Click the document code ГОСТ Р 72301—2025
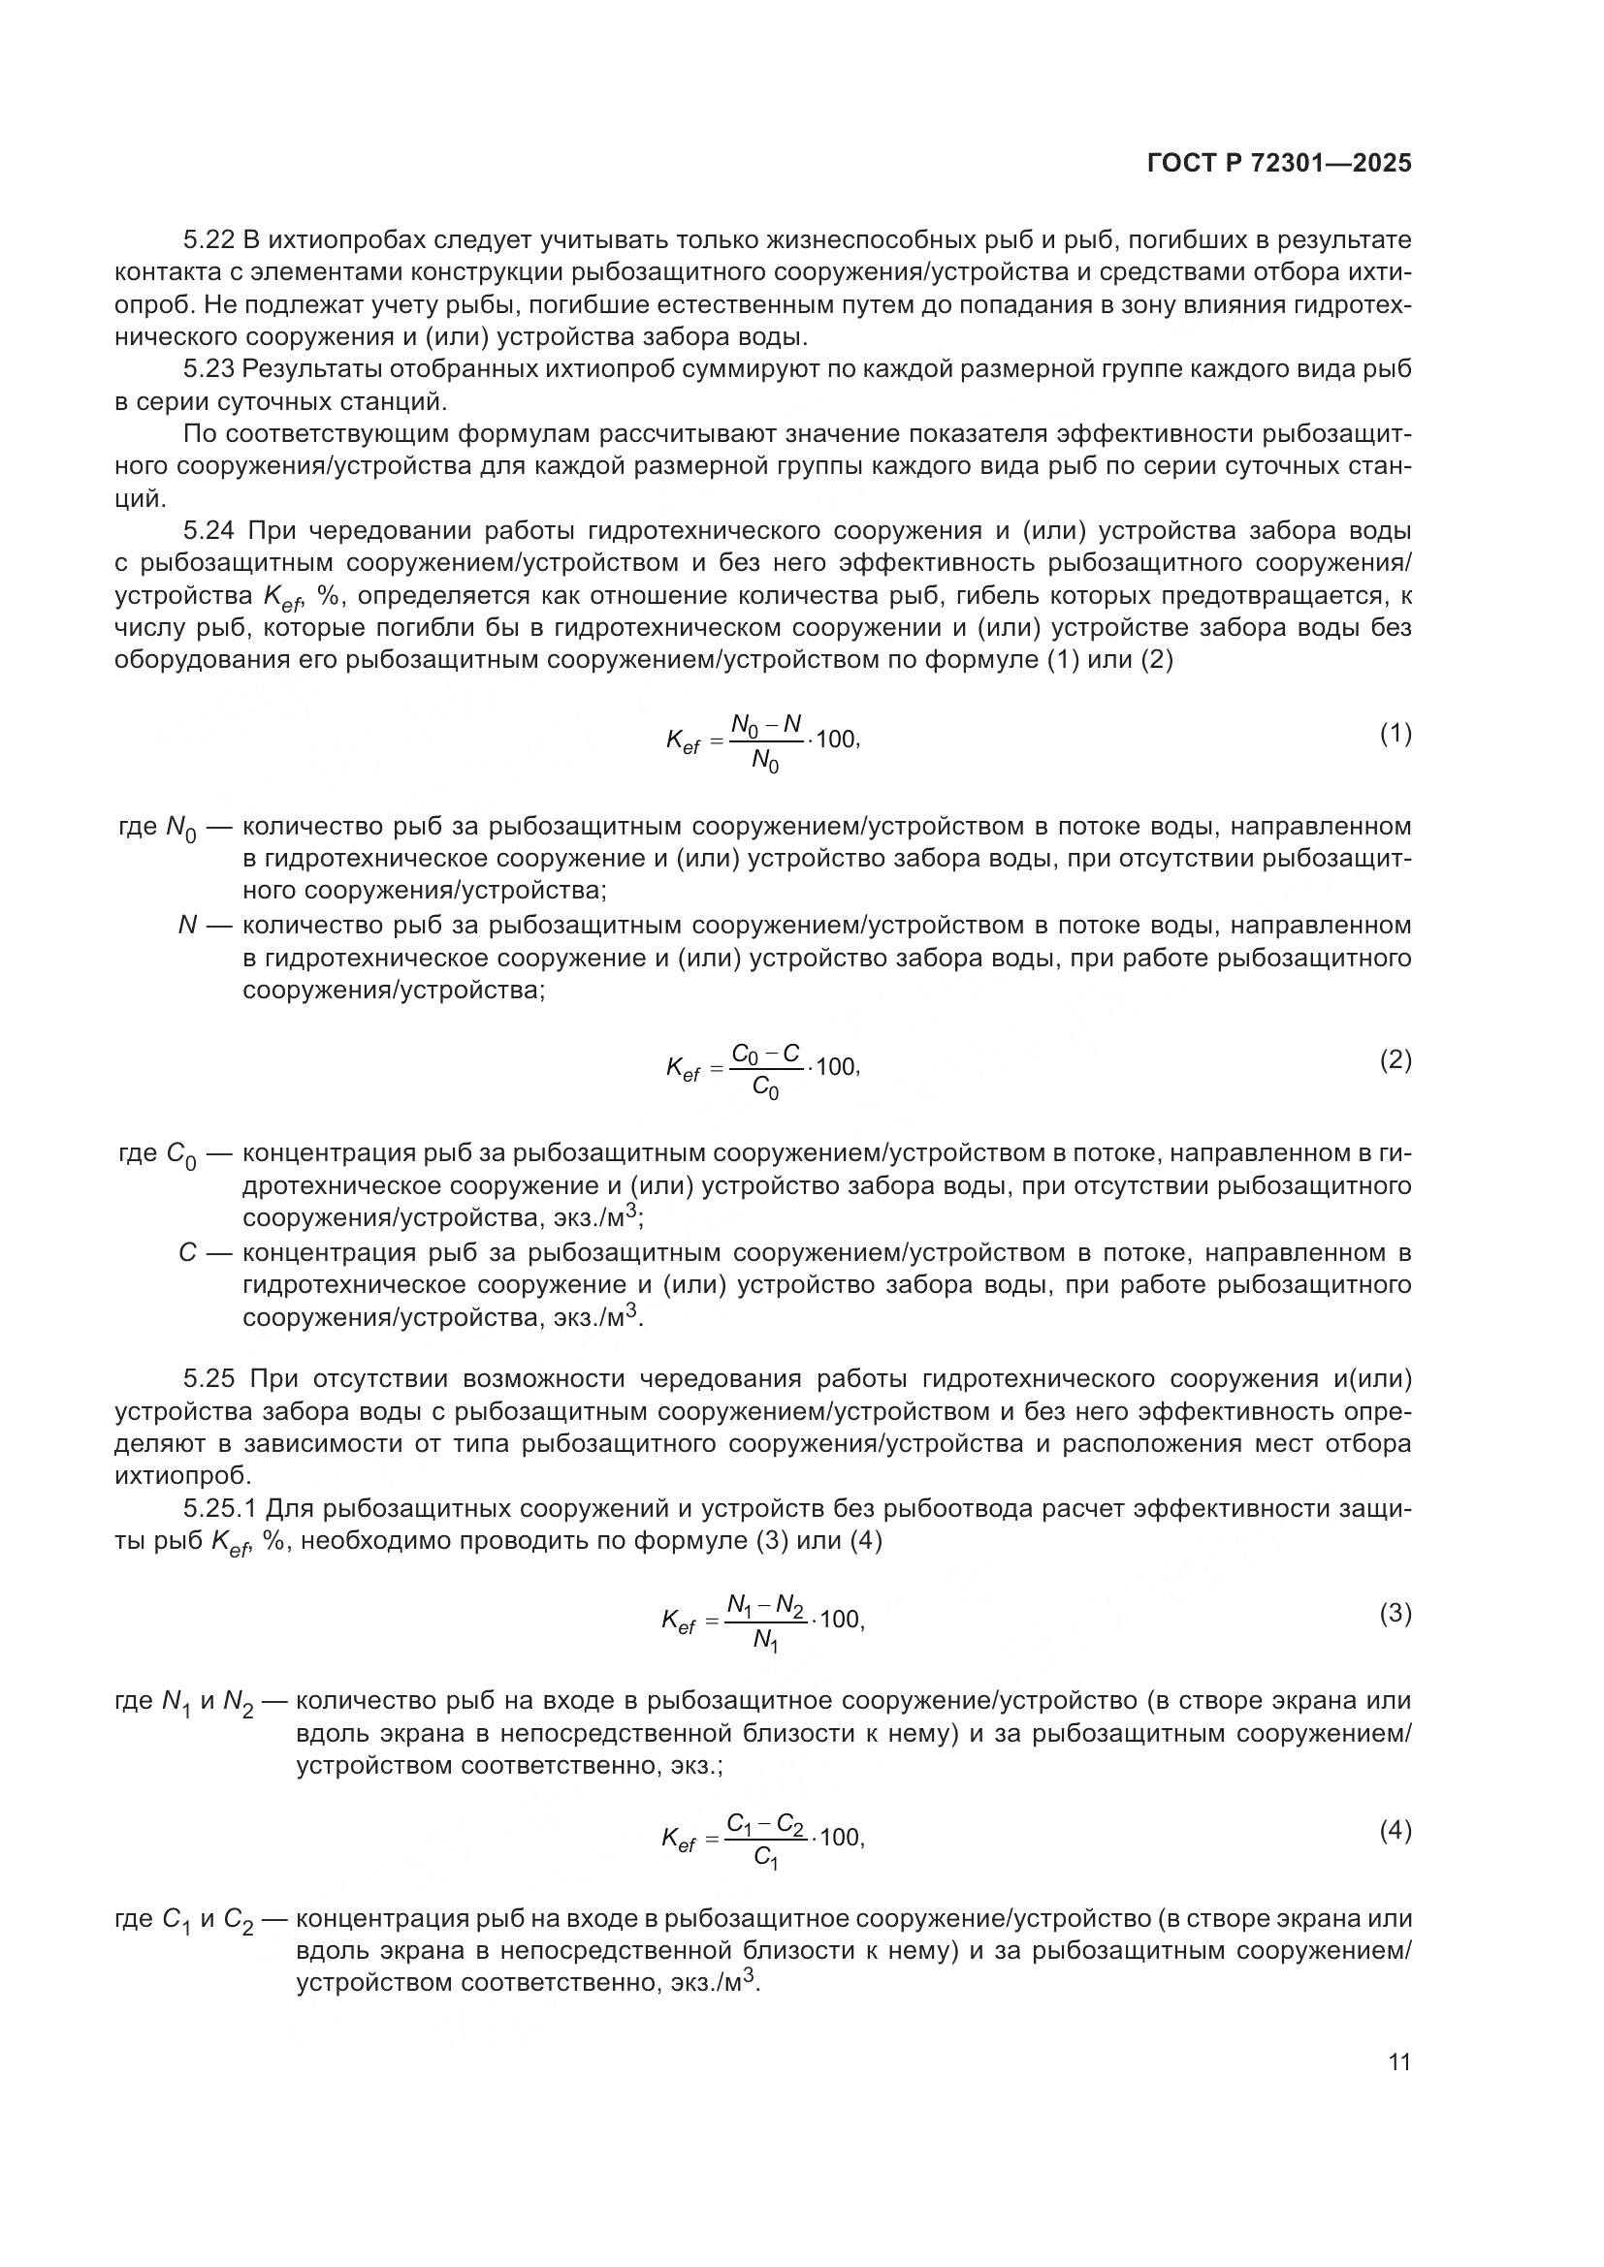tap(1279, 164)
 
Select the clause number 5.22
tap(209, 240)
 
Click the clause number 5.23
tap(209, 369)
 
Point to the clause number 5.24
tap(209, 531)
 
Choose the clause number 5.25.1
tap(221, 1509)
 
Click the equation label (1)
tap(1395, 734)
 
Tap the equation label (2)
tap(1395, 1060)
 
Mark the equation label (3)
tap(1395, 1614)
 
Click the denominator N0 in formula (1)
tap(764, 760)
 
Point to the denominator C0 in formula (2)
tap(764, 1088)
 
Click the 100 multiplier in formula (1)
tap(837, 740)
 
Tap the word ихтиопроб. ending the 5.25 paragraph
tap(182, 1475)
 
